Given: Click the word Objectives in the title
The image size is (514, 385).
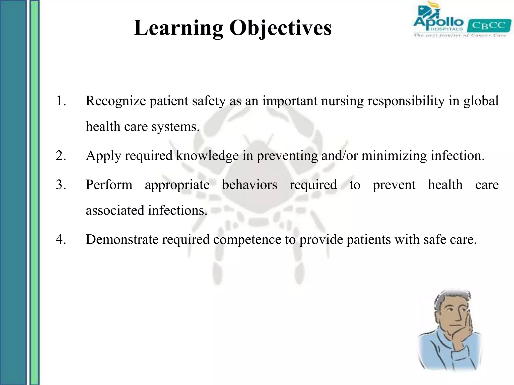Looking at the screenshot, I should click(x=280, y=28).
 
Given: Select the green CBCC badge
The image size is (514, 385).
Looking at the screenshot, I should click(x=489, y=26).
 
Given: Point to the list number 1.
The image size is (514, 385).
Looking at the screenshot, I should click(x=61, y=101).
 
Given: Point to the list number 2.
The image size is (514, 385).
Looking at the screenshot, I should click(x=61, y=156).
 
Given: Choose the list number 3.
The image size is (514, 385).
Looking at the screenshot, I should click(x=61, y=185).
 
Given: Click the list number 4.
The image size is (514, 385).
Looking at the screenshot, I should click(x=61, y=239).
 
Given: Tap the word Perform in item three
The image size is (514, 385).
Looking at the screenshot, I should click(x=109, y=185).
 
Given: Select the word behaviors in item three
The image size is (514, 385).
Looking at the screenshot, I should click(x=249, y=185).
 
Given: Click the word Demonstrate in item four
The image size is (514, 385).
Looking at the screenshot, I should click(x=122, y=239).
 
